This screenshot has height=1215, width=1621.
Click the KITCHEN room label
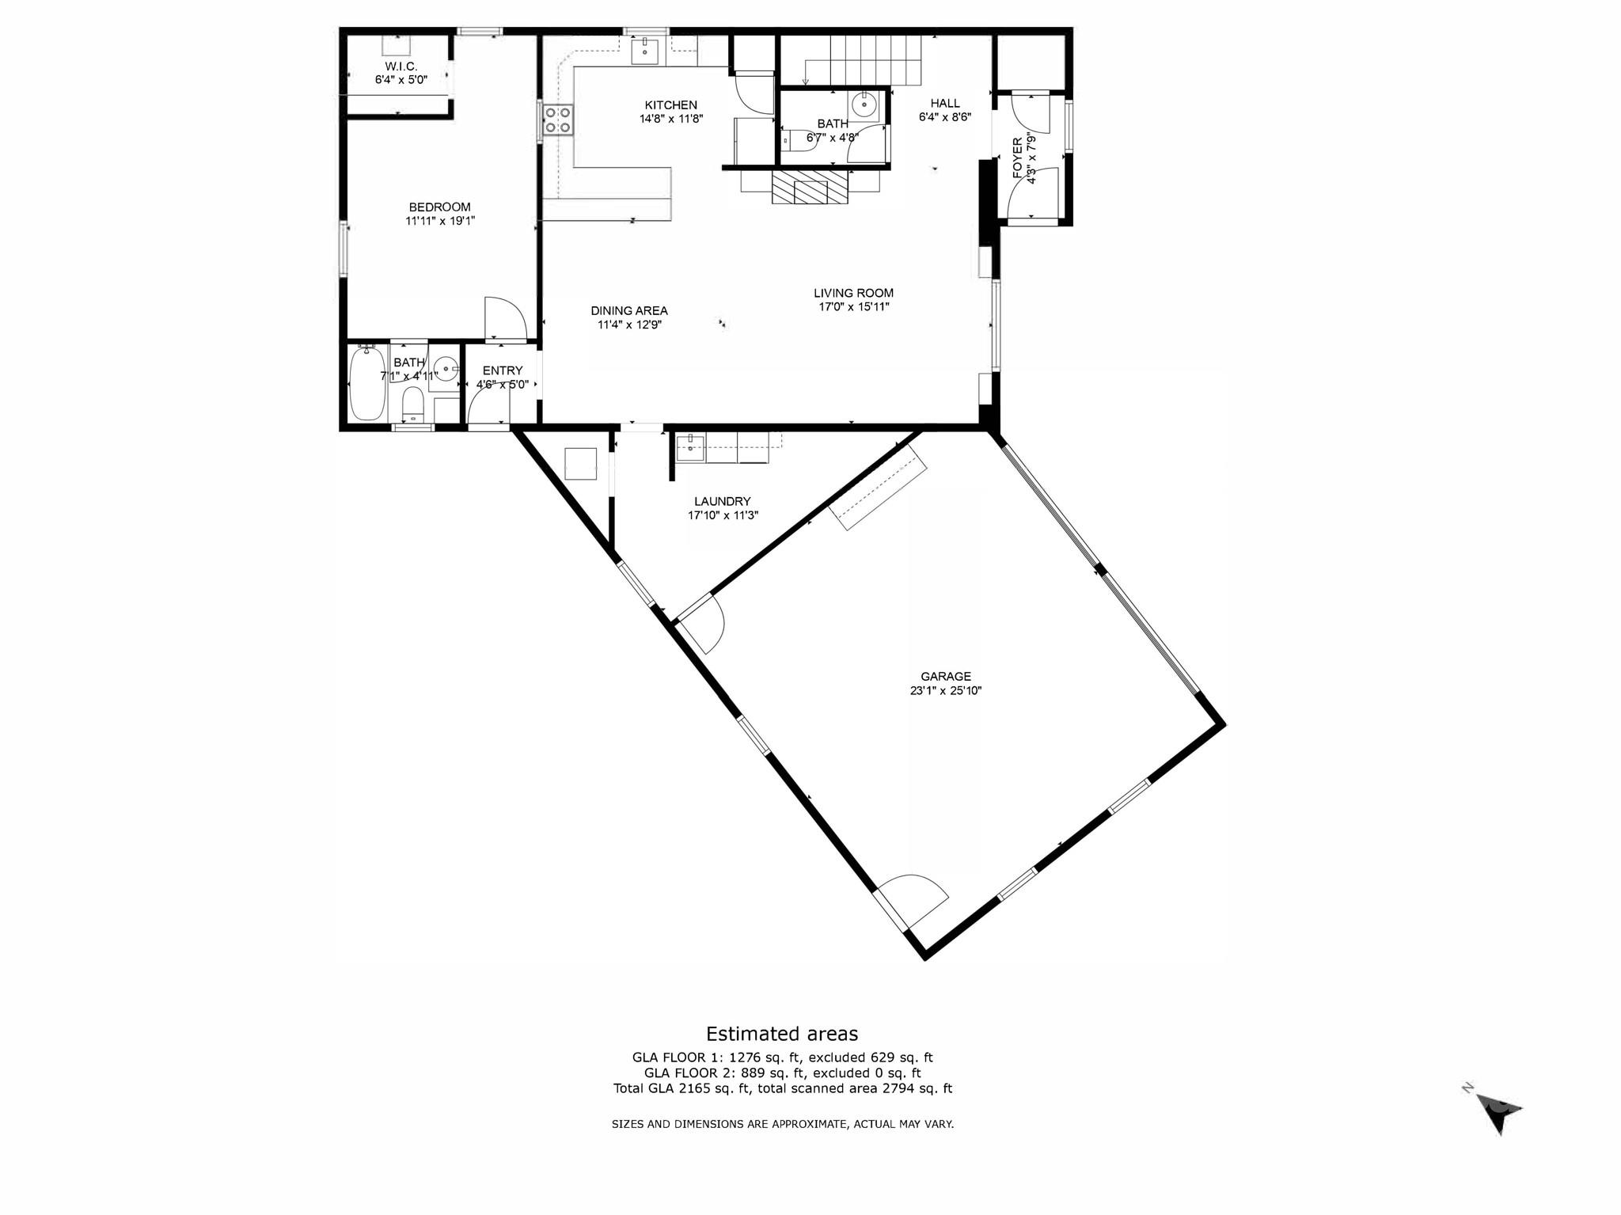tap(670, 104)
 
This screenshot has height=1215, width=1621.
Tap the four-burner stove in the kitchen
tap(557, 120)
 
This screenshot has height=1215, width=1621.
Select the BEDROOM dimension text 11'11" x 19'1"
tap(440, 222)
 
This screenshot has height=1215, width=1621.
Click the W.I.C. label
tap(401, 66)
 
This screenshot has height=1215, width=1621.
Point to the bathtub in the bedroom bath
tap(366, 384)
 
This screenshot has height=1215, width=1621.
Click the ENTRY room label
tap(502, 370)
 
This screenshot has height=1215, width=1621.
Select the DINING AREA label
tap(629, 310)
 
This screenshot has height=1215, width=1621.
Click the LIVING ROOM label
tap(853, 293)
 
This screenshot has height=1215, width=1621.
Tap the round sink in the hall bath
tap(864, 104)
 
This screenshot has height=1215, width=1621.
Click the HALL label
tap(944, 103)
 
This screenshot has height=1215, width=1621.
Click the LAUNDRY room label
tap(722, 501)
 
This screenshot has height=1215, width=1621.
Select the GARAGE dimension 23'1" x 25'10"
tap(945, 690)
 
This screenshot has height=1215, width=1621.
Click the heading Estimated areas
tap(781, 1034)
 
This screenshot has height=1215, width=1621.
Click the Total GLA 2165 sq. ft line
tap(782, 1088)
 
